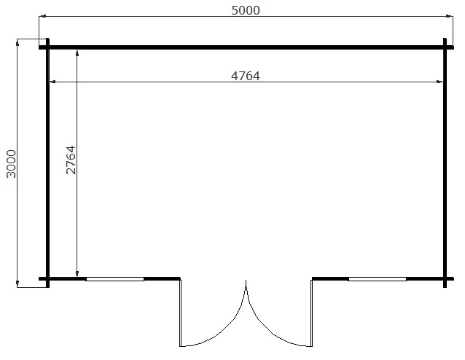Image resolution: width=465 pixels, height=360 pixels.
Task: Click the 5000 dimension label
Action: point(244,10)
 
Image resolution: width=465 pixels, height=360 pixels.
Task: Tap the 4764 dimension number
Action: point(245,75)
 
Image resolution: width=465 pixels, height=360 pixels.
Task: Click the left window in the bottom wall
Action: point(115,278)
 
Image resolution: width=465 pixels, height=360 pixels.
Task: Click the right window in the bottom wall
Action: point(377,278)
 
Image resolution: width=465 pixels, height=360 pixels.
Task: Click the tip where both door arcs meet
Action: point(246,281)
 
